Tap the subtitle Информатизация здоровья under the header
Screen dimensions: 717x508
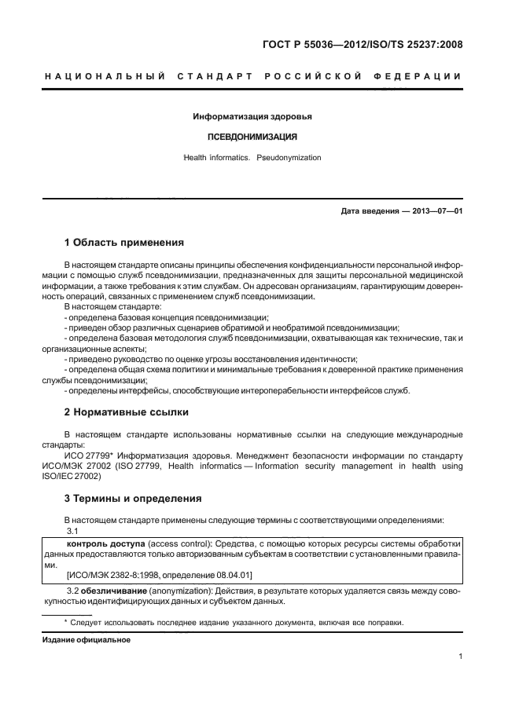252,117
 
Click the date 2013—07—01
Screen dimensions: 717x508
437,211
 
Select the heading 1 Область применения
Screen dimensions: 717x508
123,243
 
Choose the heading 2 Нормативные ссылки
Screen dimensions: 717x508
126,412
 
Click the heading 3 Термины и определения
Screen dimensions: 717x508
133,499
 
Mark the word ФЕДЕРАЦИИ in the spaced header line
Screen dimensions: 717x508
421,76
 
